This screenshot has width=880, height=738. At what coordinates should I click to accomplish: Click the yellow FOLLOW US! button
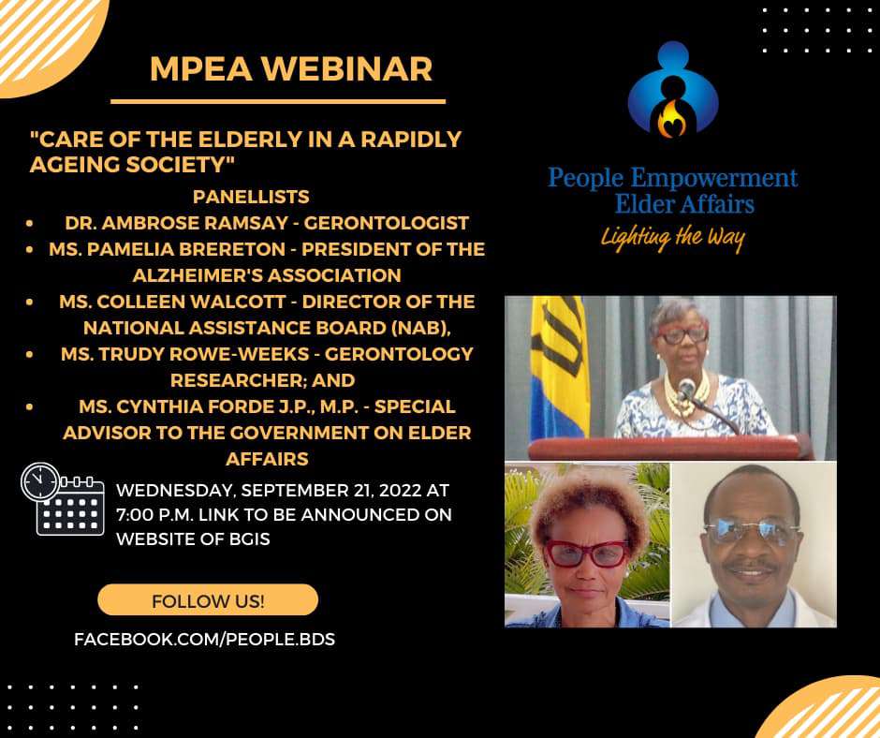pos(208,599)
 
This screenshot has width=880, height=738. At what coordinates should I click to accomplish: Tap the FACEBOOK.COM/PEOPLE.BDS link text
pos(204,639)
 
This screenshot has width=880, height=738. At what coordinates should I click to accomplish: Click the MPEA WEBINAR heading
pos(291,69)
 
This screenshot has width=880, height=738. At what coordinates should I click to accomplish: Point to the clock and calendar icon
pos(63,499)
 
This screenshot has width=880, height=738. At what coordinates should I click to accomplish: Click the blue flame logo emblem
pos(673,90)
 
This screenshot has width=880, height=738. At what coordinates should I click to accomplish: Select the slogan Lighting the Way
pos(673,238)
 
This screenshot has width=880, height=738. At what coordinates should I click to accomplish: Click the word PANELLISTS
pos(251,197)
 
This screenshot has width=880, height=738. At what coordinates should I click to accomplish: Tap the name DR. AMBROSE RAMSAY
pos(176,223)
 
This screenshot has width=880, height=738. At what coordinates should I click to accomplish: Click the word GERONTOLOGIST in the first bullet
pos(386,223)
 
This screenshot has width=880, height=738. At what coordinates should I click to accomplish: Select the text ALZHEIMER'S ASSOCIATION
pos(267,275)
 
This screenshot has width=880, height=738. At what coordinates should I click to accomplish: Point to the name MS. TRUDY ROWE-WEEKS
pos(184,354)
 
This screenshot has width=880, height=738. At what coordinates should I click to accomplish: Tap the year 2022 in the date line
pos(400,491)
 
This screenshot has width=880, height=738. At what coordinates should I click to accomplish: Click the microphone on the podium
pos(686,388)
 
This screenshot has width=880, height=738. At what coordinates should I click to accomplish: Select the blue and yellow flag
pos(559,367)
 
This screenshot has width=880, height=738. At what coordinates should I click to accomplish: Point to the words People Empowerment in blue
pos(673,179)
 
